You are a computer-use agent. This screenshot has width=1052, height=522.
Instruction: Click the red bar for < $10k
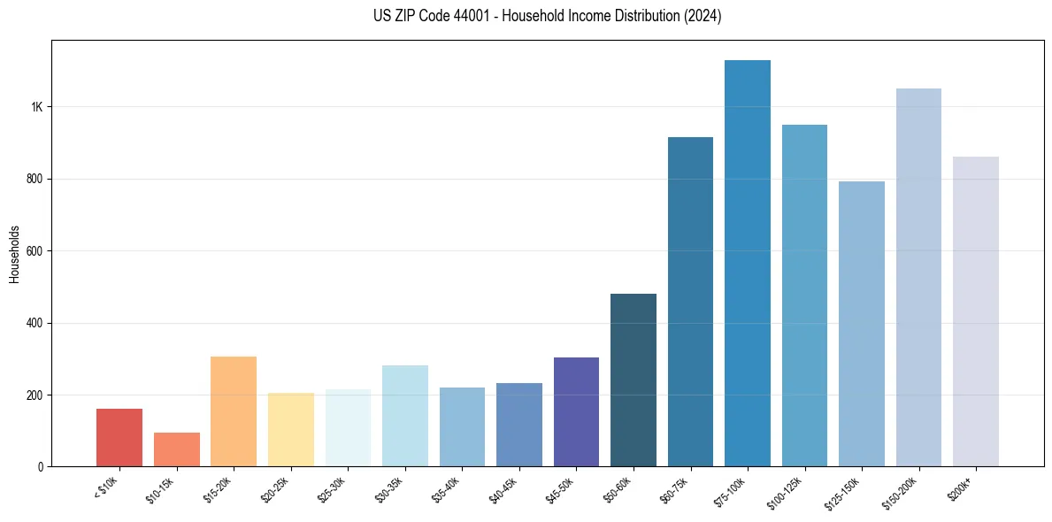tap(119, 437)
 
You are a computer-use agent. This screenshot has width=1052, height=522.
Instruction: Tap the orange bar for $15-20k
tap(234, 411)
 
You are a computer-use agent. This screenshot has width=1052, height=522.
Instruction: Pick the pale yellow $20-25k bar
tap(291, 430)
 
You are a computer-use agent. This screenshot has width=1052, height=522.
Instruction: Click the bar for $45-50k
tap(576, 412)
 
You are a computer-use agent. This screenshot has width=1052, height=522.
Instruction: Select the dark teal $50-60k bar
tap(634, 380)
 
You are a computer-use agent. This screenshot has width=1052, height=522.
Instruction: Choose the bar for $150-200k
tap(918, 278)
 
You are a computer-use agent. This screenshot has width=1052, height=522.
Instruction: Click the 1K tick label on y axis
tap(36, 107)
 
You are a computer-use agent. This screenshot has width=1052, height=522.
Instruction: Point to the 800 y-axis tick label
tap(35, 179)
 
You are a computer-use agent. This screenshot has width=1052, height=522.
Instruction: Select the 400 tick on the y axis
tap(35, 323)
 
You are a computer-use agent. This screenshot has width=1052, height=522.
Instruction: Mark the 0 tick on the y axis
tap(40, 466)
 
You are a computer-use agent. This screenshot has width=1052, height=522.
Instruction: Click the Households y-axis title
tap(15, 253)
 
